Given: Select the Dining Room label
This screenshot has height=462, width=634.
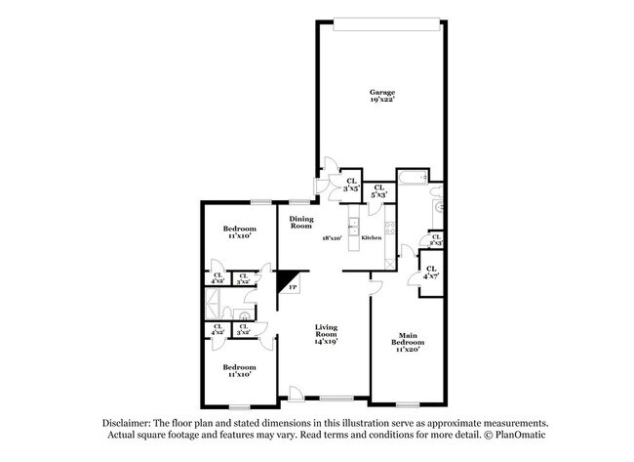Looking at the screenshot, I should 300,222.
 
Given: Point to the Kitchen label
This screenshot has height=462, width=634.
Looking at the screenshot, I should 372,237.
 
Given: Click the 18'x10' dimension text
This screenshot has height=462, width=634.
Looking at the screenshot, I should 332,237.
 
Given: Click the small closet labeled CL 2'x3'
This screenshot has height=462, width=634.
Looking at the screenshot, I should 435,239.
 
